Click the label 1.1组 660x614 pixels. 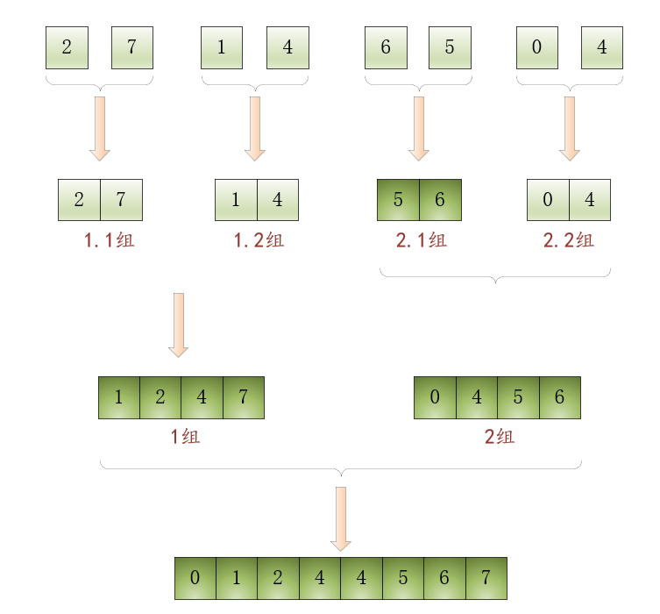pos(110,240)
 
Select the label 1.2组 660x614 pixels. pos(259,240)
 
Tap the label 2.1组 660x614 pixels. pos(421,240)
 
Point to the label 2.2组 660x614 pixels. pos(568,240)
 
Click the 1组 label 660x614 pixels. pos(185,436)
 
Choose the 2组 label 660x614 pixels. pos(500,436)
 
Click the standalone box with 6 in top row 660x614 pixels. pos(386,47)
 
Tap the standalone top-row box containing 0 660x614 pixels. pos(537,47)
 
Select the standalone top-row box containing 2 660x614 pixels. pos(67,47)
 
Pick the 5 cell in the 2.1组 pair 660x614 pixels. pos(398,200)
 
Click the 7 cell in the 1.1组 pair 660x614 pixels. pos(121,200)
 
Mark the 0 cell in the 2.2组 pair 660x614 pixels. pos(548,200)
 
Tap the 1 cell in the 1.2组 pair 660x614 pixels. pos(236,200)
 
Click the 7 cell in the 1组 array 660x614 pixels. pos(243,397)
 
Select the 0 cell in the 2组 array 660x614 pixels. pos(435,397)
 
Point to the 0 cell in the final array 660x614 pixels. pos(195,579)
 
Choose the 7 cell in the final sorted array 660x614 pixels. pos(486,579)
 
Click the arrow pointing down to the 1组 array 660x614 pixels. pos(179,325)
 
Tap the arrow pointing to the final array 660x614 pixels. pos(341,518)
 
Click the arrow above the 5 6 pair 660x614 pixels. pos(419,128)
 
